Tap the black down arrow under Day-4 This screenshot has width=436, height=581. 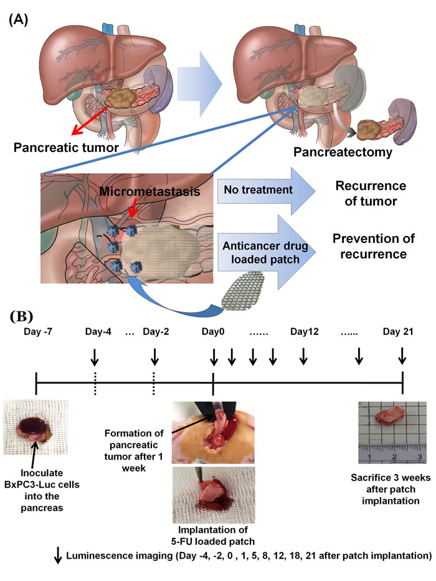coord(95,357)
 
